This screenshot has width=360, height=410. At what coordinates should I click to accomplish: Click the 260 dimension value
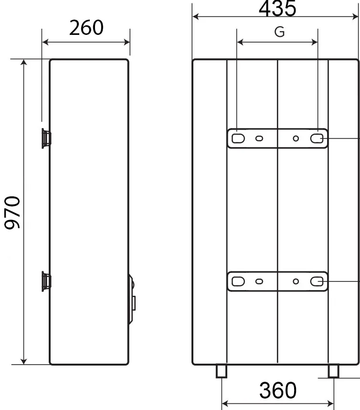point(86,28)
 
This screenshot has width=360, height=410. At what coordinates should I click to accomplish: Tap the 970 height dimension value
point(12,213)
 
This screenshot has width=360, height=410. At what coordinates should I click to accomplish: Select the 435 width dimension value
point(277,9)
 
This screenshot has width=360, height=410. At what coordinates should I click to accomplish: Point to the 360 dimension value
point(278,390)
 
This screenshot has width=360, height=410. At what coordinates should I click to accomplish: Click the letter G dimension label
point(279,32)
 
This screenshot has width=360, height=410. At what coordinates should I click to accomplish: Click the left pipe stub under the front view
point(221,371)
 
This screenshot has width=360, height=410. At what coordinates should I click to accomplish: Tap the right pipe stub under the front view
point(334,371)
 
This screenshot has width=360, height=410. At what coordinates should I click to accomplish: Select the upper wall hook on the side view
point(46,138)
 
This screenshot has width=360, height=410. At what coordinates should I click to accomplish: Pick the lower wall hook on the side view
point(46,281)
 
